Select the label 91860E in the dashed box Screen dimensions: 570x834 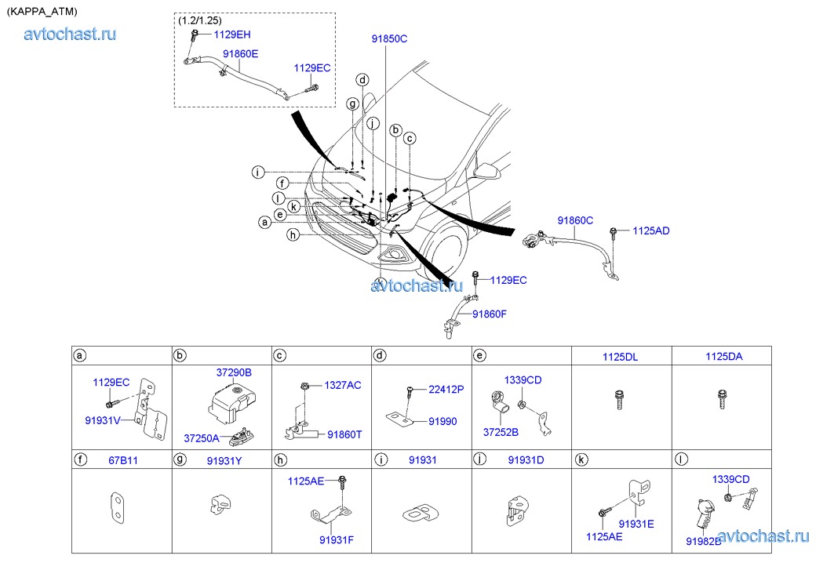pyautogui.click(x=240, y=54)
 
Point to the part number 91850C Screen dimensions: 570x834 pyautogui.click(x=389, y=38)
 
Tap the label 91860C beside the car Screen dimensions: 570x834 pyautogui.click(x=575, y=221)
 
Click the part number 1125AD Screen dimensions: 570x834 pyautogui.click(x=650, y=231)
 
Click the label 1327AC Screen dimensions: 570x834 pyautogui.click(x=343, y=385)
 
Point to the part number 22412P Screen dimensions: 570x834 pyautogui.click(x=446, y=389)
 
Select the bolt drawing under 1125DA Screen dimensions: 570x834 pyautogui.click(x=722, y=400)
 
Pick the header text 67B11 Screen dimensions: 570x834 pyautogui.click(x=122, y=460)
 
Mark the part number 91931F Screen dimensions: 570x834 pyautogui.click(x=336, y=539)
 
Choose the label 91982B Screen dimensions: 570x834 pyautogui.click(x=704, y=541)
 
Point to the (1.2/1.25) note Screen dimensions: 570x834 pyautogui.click(x=201, y=20)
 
